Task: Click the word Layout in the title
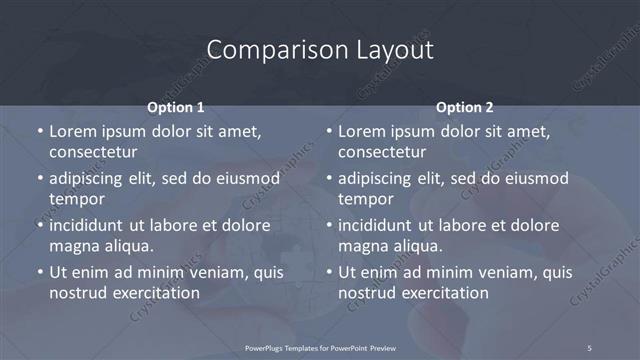[391, 49]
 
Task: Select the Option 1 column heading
[175, 107]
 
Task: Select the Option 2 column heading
[465, 107]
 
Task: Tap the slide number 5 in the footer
[589, 348]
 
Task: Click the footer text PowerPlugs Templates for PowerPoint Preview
[320, 348]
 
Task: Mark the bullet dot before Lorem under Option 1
[40, 132]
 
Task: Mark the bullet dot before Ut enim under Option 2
[330, 272]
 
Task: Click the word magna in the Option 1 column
[72, 246]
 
